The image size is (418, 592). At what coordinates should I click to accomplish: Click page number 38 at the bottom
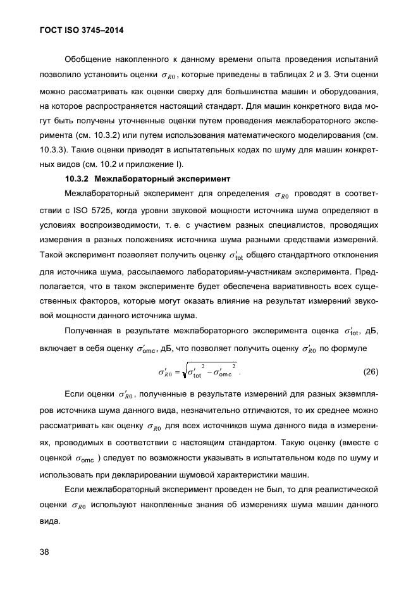click(44, 552)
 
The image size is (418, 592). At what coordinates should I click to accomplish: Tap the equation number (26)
click(371, 370)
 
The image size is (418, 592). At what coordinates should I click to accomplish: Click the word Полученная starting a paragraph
click(90, 331)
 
